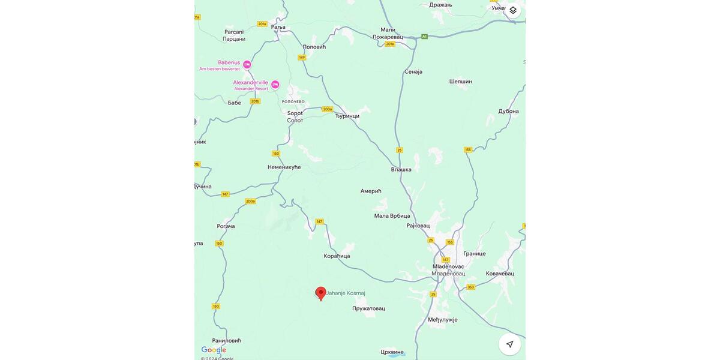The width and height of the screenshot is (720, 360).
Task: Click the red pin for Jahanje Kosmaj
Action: tap(321, 293)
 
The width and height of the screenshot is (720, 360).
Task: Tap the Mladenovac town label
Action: tap(448, 270)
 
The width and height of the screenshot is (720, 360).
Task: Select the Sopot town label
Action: tap(295, 116)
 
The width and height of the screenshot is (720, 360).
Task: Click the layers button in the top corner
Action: tap(513, 10)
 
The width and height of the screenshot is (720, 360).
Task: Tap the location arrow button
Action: tap(509, 344)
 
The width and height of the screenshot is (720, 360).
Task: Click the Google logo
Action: tap(214, 350)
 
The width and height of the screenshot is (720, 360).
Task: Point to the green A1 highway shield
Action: tap(424, 37)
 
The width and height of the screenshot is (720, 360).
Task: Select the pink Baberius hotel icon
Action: tap(247, 65)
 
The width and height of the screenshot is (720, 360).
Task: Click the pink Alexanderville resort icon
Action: tap(275, 85)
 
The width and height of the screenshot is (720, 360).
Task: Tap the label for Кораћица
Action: tap(337, 256)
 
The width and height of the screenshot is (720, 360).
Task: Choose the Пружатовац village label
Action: tap(368, 308)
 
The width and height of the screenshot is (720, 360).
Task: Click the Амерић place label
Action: tap(371, 191)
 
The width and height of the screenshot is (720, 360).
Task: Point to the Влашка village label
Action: tap(401, 169)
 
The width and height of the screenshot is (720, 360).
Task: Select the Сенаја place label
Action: tap(413, 71)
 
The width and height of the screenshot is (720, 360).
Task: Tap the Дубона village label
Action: tap(508, 111)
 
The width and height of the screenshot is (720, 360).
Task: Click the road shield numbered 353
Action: tap(471, 287)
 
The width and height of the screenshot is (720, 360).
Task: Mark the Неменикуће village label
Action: tap(284, 167)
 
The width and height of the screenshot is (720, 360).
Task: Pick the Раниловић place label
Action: tap(226, 340)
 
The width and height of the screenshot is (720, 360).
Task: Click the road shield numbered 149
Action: tap(302, 58)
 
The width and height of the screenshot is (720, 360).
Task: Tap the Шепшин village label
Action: tap(461, 81)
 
